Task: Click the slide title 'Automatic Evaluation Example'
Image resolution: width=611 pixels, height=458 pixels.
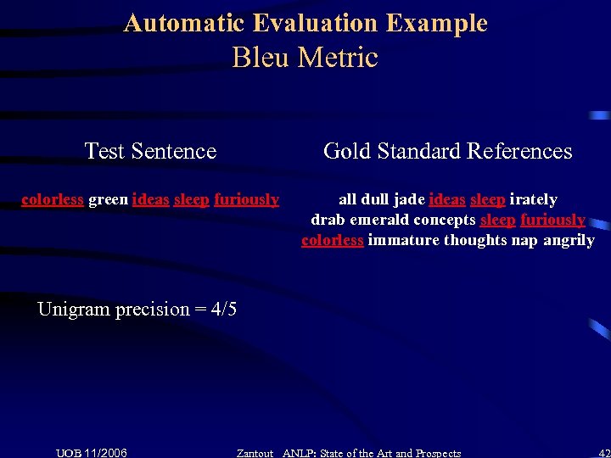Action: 305,23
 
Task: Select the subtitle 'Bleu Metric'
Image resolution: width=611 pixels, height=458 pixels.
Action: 305,58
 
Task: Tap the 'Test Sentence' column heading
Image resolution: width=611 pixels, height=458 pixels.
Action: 150,151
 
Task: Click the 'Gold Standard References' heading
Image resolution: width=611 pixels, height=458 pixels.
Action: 447,151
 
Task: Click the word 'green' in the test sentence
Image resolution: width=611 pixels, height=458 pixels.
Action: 108,199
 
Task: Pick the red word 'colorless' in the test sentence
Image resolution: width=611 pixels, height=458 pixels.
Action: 52,199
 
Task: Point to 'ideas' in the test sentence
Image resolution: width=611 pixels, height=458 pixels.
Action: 150,199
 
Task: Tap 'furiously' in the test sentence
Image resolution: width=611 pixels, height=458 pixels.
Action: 246,199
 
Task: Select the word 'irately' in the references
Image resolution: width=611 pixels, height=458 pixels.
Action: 533,199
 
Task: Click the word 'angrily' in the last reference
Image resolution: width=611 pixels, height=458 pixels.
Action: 569,240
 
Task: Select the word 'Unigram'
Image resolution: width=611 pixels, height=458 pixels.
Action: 74,309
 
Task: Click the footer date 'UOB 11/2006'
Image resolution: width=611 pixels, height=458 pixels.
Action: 92,453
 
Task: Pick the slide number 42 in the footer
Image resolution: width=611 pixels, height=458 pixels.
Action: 603,453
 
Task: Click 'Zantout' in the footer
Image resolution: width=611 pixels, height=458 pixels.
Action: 255,453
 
